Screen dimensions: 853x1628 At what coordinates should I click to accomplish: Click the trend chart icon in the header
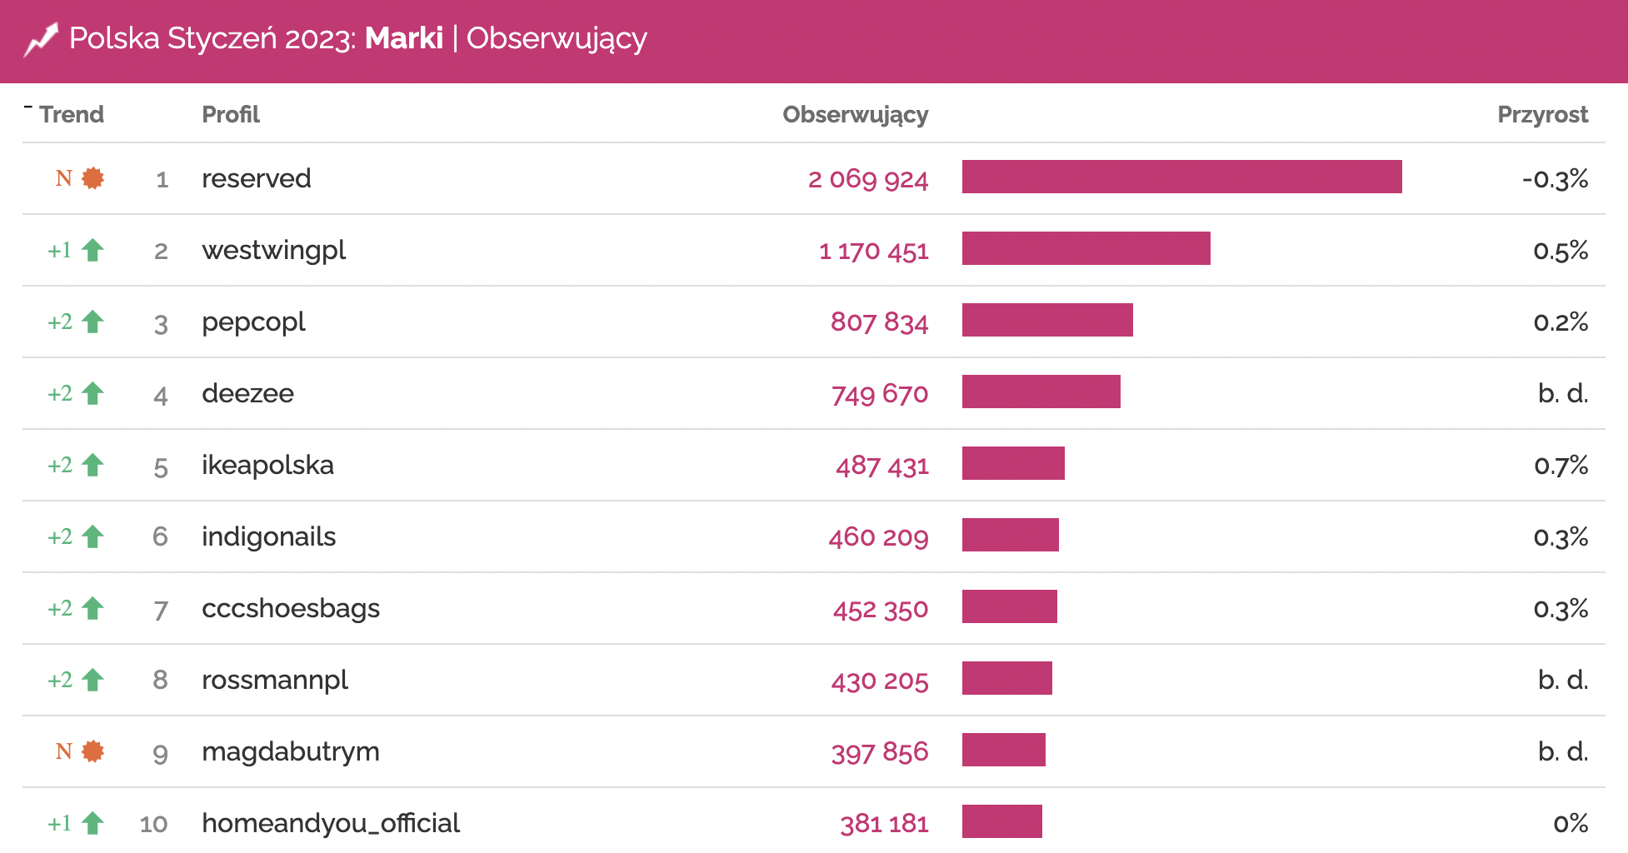click(41, 39)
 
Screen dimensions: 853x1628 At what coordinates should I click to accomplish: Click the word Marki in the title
click(404, 38)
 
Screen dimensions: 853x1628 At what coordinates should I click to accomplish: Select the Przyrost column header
click(1542, 114)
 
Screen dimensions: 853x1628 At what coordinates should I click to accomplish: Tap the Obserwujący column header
click(855, 114)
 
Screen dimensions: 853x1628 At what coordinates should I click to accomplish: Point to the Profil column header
click(231, 114)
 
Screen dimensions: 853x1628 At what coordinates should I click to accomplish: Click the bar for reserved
click(1181, 177)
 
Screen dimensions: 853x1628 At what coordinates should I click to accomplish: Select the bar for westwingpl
click(1086, 249)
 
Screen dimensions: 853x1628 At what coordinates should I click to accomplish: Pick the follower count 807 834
click(879, 322)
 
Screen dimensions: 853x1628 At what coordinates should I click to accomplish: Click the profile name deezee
click(247, 393)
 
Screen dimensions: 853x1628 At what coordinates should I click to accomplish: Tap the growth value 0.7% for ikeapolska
click(1561, 465)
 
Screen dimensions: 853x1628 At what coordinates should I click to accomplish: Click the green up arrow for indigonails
click(93, 536)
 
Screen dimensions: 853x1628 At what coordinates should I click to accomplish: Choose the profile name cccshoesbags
click(291, 608)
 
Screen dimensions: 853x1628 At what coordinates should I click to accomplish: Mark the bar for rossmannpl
click(1006, 679)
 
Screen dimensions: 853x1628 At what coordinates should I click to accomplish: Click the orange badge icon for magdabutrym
click(93, 751)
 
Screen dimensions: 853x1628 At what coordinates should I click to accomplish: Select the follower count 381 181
click(884, 823)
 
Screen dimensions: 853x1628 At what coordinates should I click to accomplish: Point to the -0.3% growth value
click(1555, 178)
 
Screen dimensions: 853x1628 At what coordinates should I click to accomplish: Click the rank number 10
click(153, 824)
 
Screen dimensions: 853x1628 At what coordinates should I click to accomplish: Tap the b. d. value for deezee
click(1563, 393)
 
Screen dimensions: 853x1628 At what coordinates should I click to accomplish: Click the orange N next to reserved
click(63, 178)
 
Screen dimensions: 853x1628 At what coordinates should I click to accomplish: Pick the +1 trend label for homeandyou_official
click(59, 823)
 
